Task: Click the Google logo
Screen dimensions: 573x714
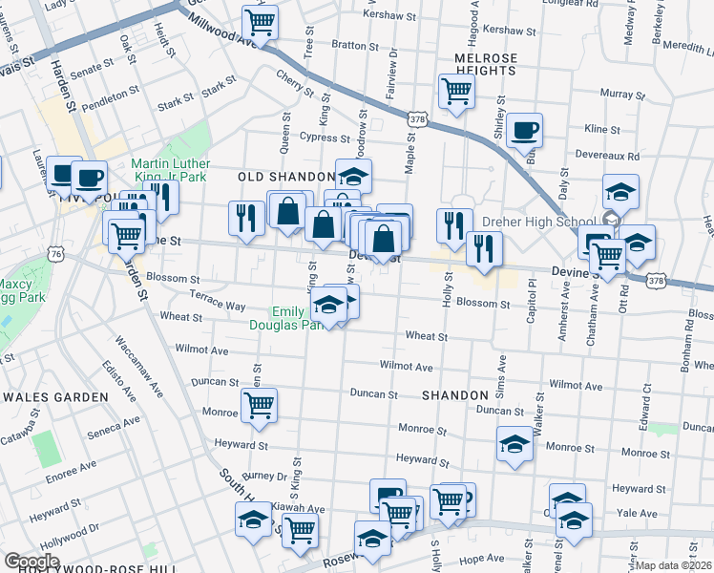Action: [31, 562]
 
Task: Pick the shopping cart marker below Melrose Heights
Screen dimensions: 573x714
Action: [456, 91]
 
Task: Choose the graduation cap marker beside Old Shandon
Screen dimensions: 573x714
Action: [352, 176]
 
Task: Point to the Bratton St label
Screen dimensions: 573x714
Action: [349, 45]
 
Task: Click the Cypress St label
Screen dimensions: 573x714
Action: [318, 137]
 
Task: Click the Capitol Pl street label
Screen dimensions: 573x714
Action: [532, 306]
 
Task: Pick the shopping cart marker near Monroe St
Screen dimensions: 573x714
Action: [259, 405]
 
